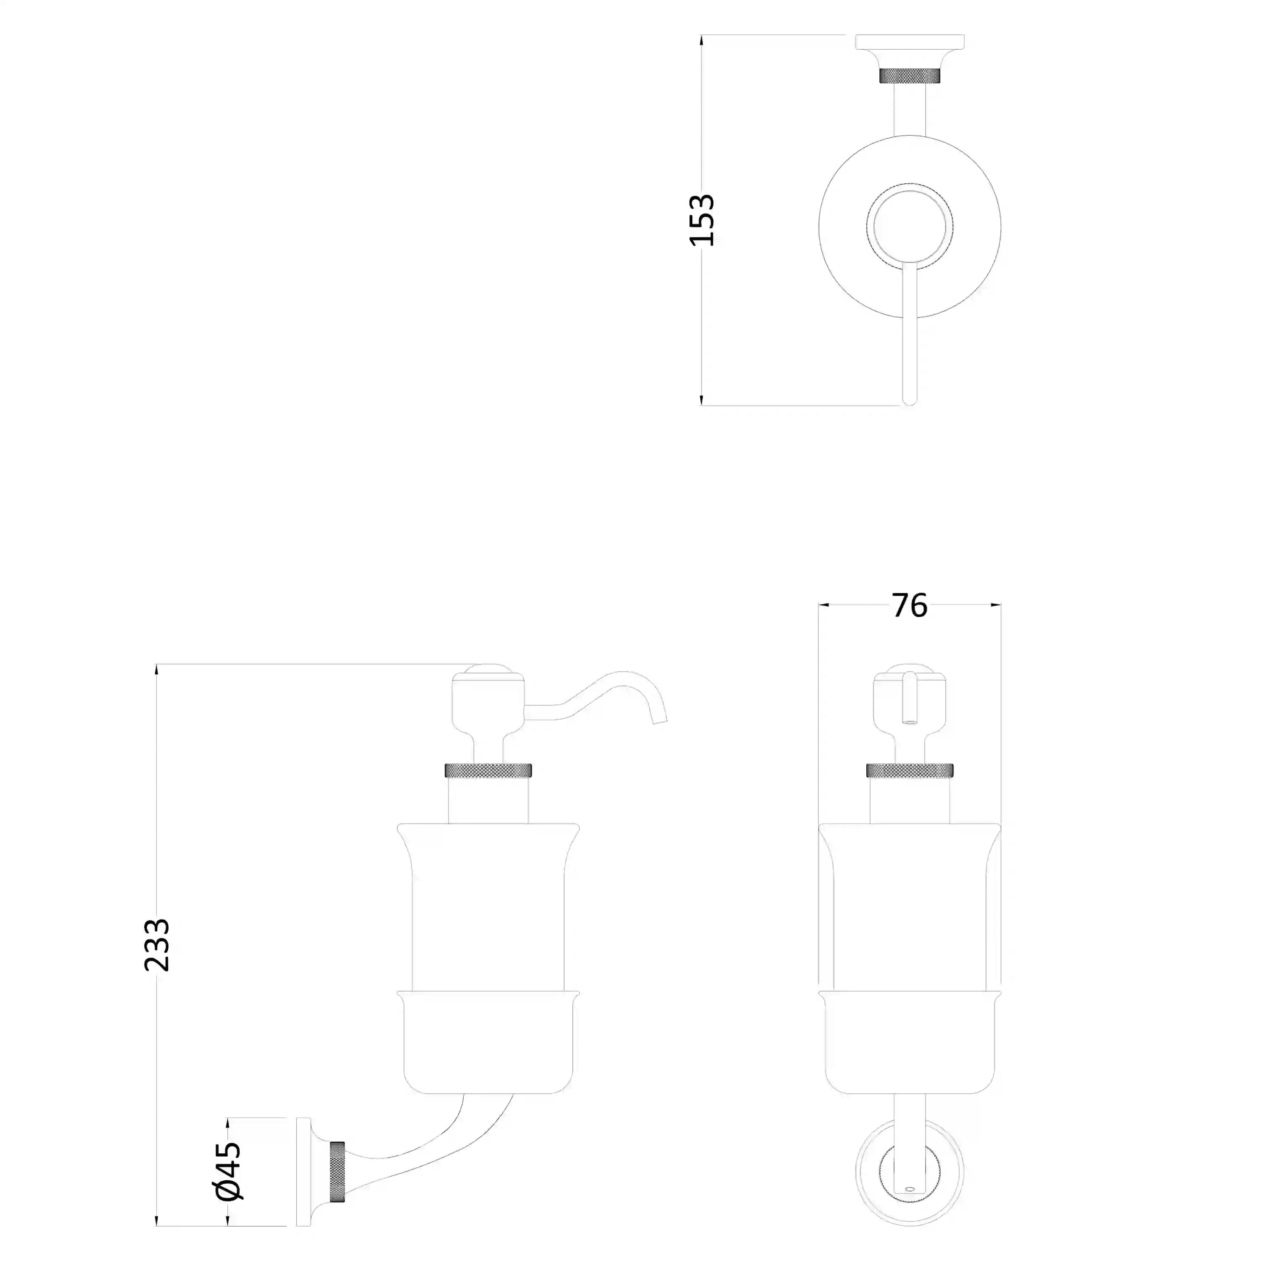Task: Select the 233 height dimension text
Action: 157,945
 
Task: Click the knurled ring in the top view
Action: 910,76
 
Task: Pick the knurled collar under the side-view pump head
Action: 488,770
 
